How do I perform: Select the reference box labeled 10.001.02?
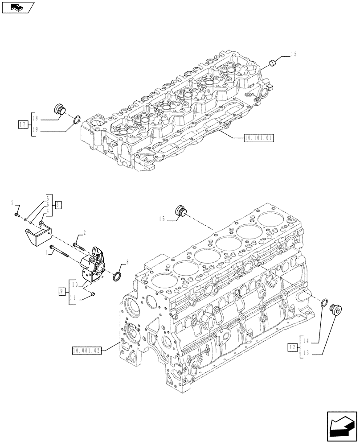point(86,351)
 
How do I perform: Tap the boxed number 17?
point(23,124)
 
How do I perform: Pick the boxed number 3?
point(58,205)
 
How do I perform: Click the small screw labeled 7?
point(16,215)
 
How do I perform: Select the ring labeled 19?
point(77,120)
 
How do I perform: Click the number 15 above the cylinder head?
point(293,54)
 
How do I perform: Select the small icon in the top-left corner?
point(16,7)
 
